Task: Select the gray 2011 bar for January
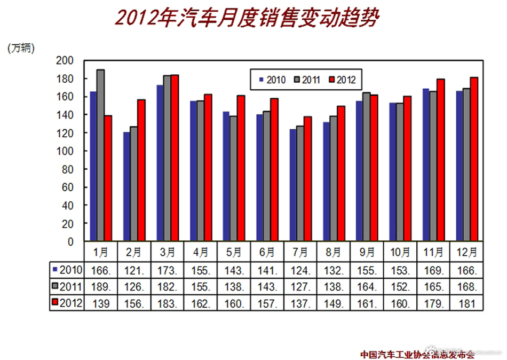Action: point(100,155)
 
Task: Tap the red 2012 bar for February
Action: point(141,170)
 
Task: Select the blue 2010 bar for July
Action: point(292,185)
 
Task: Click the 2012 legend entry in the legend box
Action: point(341,80)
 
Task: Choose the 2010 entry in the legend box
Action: point(273,80)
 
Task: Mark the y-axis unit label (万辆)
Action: point(21,48)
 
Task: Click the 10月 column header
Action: point(400,251)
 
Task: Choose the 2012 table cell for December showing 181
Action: point(467,303)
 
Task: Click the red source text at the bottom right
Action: point(417,354)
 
